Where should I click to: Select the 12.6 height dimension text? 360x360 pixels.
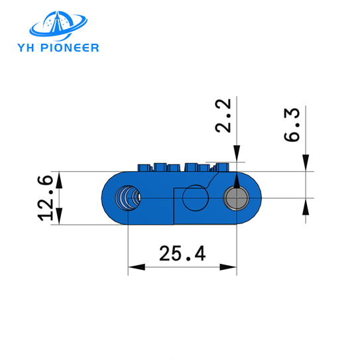[46, 198]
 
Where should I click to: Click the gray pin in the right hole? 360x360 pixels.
[236, 198]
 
